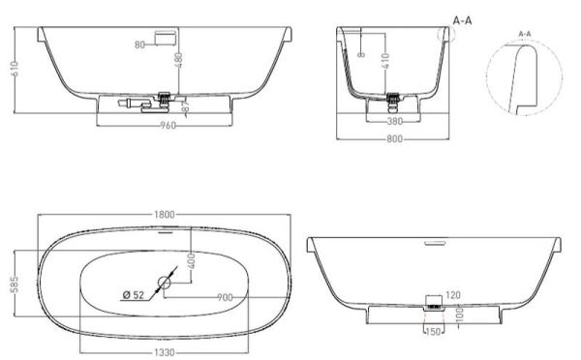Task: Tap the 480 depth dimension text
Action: [x=177, y=61]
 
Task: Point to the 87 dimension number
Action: [x=186, y=108]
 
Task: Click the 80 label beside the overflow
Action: [x=139, y=44]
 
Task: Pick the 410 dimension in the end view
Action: [x=385, y=63]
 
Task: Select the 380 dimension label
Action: [x=393, y=123]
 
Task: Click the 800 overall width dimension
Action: [x=392, y=139]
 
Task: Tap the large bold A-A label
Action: [x=462, y=19]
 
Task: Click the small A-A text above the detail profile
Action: [x=525, y=34]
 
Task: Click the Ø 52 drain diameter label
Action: [x=133, y=294]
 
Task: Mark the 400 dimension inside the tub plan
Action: [x=192, y=260]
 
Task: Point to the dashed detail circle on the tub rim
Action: [x=447, y=33]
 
